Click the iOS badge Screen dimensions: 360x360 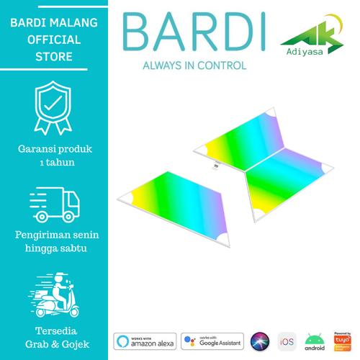coord(287,340)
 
